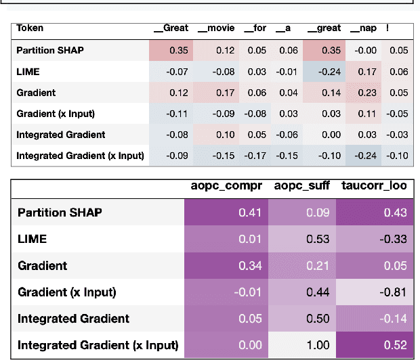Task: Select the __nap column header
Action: (x=364, y=28)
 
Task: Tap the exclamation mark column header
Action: (x=387, y=28)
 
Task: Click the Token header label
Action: (x=30, y=28)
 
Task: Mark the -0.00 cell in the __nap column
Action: (x=364, y=50)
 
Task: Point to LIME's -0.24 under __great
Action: (x=329, y=71)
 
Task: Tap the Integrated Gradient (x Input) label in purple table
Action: (x=98, y=345)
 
